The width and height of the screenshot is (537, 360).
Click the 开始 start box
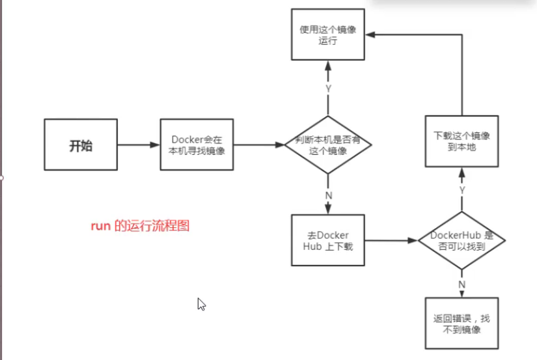[x=81, y=145]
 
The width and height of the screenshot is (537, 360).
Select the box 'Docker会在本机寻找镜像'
[x=197, y=145]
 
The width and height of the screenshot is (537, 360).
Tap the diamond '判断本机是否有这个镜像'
[x=328, y=145]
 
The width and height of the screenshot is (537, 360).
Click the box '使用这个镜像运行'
[x=327, y=36]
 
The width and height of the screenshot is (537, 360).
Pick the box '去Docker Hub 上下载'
[x=327, y=240]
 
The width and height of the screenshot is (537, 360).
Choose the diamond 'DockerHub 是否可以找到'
[x=461, y=241]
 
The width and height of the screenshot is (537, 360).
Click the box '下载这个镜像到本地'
[x=461, y=141]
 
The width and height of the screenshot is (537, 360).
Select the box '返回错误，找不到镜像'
[x=461, y=324]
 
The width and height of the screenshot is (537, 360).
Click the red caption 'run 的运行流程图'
[x=140, y=227]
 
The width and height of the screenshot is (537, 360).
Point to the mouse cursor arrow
[x=201, y=303]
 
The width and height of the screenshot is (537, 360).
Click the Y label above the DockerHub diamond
[x=461, y=189]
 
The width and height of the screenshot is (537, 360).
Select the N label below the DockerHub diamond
[x=461, y=284]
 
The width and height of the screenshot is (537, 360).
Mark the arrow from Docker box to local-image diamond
[x=259, y=145]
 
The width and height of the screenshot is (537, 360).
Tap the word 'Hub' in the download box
[x=313, y=246]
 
